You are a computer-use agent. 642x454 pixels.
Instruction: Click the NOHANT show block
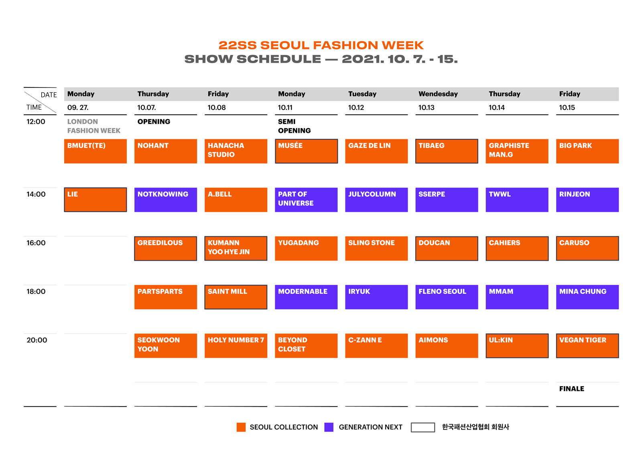point(166,151)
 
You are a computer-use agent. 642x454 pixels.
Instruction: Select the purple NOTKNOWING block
point(166,200)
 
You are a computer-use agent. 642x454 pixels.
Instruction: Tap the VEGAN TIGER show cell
point(587,346)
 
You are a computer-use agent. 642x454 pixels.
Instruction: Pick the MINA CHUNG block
point(587,297)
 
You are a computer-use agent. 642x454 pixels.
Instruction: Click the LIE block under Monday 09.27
point(95,200)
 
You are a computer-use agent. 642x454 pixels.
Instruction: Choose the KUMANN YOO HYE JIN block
point(236,248)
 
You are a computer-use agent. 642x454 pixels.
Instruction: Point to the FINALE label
point(571,389)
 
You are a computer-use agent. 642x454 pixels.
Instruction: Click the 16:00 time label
point(36,243)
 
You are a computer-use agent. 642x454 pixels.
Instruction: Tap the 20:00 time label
point(37,340)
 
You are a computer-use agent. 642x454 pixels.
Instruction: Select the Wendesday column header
point(438,94)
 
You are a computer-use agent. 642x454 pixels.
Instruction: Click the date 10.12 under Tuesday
point(356,108)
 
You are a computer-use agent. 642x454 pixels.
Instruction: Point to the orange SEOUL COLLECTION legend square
point(241,427)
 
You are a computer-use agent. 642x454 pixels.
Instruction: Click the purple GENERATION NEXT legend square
point(329,427)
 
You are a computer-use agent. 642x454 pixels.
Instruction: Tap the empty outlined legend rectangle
point(423,423)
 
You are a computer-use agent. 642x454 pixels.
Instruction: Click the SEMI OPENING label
point(295,126)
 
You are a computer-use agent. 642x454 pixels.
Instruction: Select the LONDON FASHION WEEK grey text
point(94,126)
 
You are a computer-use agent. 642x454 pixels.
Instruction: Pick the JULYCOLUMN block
point(376,200)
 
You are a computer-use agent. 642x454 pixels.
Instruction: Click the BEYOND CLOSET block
point(306,346)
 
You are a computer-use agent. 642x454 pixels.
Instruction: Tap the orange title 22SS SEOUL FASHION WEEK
point(321,45)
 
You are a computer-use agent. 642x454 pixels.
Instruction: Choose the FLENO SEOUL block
point(447,297)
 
